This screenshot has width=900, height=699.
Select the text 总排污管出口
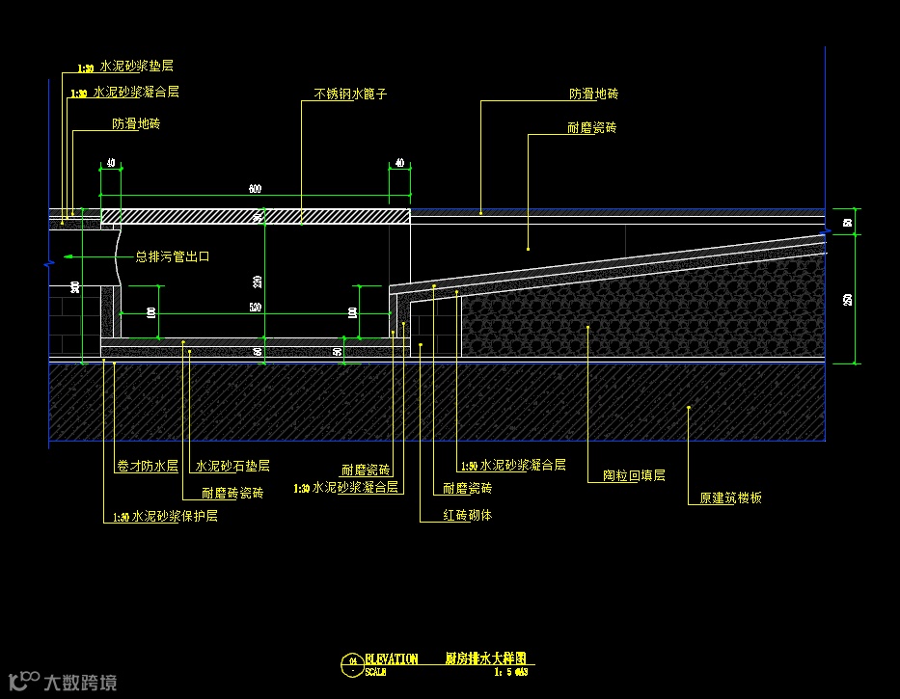[173, 256]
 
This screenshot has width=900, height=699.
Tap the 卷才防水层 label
[147, 466]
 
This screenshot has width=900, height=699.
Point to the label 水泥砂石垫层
[232, 466]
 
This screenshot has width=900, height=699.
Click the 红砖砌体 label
[467, 515]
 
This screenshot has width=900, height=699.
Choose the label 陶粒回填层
[634, 475]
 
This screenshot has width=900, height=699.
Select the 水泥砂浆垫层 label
[135, 67]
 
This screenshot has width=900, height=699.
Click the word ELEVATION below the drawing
[392, 659]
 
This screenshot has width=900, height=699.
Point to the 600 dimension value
[255, 189]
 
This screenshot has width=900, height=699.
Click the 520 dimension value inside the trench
[255, 307]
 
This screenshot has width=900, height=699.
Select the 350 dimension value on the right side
[847, 300]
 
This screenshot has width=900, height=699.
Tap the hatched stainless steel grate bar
[256, 217]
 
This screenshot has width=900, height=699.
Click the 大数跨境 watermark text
[80, 683]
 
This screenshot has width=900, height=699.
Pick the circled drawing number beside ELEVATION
[353, 661]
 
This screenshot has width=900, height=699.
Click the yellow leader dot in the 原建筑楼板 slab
[689, 408]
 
